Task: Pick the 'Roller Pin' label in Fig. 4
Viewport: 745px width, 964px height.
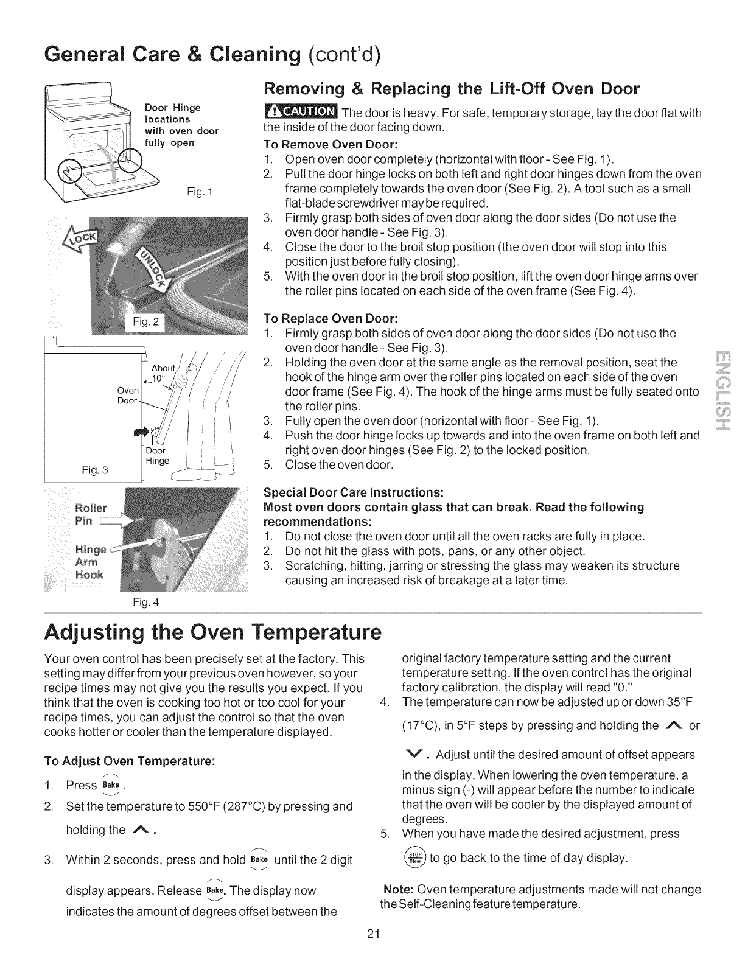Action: point(91,497)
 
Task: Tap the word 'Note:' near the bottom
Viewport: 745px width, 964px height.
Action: point(399,889)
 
